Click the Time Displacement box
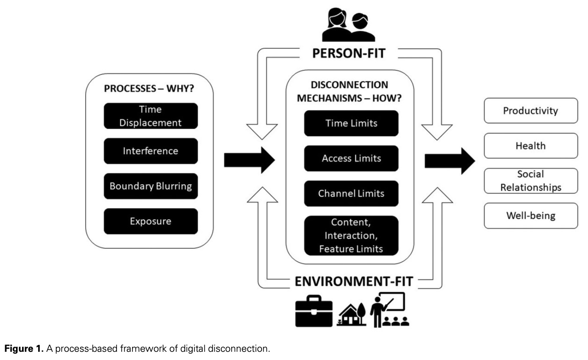[x=151, y=116]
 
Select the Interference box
[x=151, y=151]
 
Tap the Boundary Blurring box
[x=151, y=186]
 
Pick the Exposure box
[x=151, y=221]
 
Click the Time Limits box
[x=351, y=123]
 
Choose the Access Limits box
[x=351, y=158]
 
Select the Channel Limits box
[x=351, y=193]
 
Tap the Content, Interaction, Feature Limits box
[x=351, y=235]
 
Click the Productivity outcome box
[x=530, y=111]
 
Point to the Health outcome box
[x=530, y=146]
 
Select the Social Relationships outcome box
[x=530, y=180]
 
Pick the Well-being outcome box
[x=530, y=215]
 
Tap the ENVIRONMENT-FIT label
[x=354, y=282]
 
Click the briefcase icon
[x=313, y=311]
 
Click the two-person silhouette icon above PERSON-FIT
[x=350, y=27]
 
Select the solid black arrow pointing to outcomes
[x=449, y=161]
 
